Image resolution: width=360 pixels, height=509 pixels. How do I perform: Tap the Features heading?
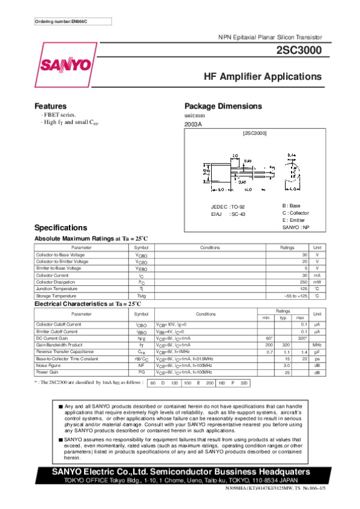pos(50,106)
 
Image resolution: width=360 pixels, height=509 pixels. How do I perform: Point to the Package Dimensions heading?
pos(223,106)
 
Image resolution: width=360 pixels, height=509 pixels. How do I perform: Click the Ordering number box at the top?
pos(64,22)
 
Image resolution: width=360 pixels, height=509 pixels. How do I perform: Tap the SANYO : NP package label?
pos(296,228)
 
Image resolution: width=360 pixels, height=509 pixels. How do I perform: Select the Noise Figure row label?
pos(48,365)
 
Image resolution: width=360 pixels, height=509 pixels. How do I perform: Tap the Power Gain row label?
pos(47,372)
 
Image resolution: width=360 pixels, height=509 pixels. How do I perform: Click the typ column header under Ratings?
pos(287,317)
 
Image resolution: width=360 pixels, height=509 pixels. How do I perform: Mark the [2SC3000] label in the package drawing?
pos(255,132)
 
